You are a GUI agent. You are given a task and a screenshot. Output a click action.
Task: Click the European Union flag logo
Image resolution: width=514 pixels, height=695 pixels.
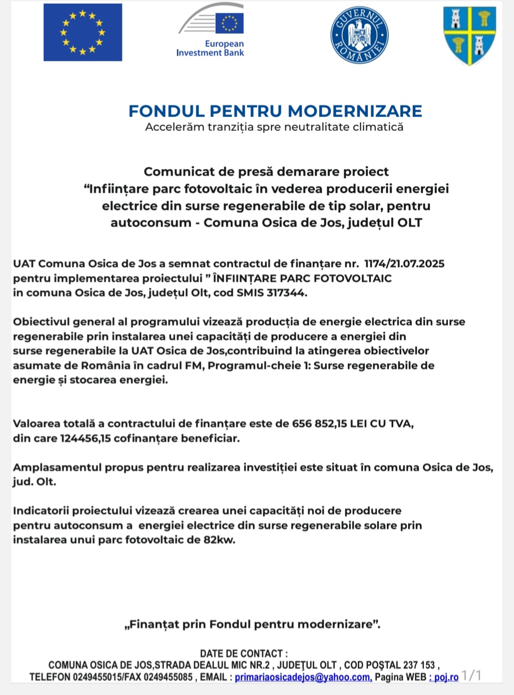(x=83, y=32)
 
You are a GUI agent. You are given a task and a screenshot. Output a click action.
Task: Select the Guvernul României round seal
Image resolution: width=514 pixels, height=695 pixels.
(x=359, y=35)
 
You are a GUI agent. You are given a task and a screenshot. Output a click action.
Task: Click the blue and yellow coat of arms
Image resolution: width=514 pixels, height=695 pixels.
(x=470, y=34)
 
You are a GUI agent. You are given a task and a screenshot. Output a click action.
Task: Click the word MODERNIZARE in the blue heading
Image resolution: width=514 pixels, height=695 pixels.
(x=355, y=111)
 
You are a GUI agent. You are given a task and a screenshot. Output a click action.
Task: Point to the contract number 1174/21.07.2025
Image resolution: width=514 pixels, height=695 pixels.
(x=404, y=264)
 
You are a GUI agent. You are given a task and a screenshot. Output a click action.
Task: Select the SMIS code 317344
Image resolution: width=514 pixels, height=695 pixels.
(x=286, y=293)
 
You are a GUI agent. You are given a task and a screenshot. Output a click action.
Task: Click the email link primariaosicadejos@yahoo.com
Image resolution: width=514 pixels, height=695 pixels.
(x=303, y=677)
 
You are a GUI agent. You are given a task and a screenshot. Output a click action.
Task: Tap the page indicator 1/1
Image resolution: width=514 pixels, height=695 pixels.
(x=471, y=675)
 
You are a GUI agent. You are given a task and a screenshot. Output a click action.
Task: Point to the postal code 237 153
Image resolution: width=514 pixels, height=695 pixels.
(x=419, y=665)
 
